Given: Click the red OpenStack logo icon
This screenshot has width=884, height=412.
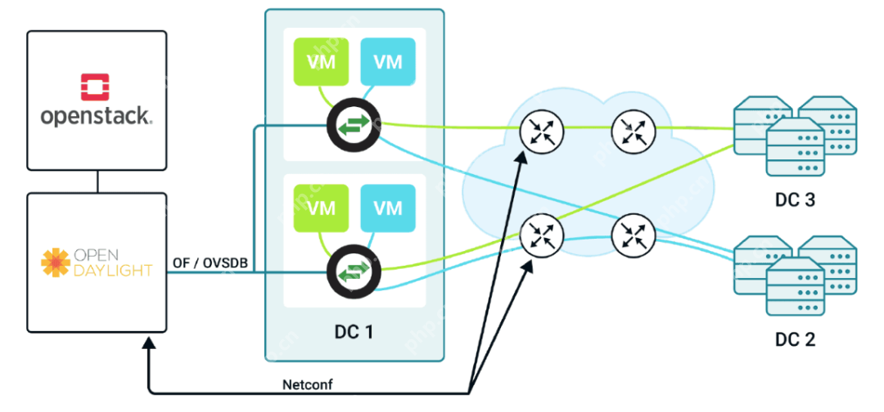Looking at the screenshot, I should (97, 87).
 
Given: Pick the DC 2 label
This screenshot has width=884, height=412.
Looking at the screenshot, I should (795, 338).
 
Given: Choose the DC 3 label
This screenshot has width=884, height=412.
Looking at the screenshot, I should (795, 199).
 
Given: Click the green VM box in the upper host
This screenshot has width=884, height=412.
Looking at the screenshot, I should (322, 61).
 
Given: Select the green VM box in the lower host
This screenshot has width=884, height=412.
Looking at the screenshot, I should (322, 208).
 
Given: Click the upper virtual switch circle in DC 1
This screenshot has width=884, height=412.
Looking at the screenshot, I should (353, 126).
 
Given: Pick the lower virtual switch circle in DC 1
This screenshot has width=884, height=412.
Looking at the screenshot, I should (353, 272).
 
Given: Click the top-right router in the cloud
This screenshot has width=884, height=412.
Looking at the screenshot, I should (632, 130).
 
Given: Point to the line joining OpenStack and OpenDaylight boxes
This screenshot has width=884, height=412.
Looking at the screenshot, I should (97, 182).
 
